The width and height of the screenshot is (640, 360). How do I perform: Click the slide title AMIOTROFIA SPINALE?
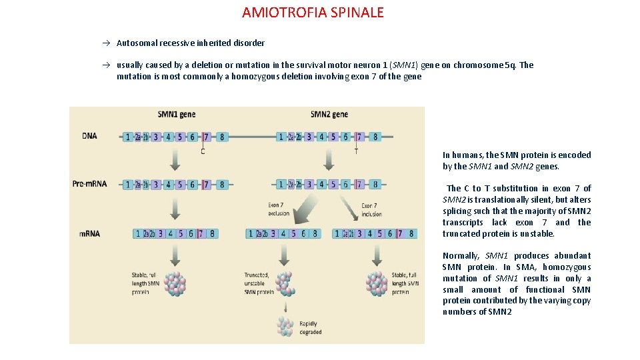click(x=313, y=13)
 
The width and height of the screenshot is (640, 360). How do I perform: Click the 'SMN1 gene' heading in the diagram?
click(x=177, y=114)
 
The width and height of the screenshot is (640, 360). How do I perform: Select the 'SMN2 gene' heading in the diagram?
click(x=329, y=114)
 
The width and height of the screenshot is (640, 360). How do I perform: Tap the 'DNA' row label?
click(x=89, y=136)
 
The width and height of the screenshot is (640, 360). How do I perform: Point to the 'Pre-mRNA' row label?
click(x=89, y=184)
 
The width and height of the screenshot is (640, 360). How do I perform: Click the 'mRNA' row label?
click(x=89, y=233)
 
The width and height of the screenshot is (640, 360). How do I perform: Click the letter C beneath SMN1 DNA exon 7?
click(x=203, y=151)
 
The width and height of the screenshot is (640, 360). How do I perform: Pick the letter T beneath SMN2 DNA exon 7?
click(x=356, y=151)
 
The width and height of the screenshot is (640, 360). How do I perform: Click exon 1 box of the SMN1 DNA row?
click(x=128, y=137)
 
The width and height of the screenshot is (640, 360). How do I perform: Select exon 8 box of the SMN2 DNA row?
click(x=375, y=137)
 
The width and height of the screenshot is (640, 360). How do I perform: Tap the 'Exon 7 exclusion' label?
click(x=279, y=209)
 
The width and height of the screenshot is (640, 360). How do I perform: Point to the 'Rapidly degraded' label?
click(x=310, y=328)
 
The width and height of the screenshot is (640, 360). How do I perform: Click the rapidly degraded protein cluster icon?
click(x=285, y=326)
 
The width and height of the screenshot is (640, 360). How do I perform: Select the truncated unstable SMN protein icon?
click(x=285, y=283)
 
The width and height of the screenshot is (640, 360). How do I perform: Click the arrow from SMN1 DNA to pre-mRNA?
click(x=175, y=160)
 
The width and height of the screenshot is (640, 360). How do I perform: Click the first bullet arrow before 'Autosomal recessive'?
click(x=106, y=43)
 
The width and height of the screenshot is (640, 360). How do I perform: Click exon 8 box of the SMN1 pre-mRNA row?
click(x=222, y=185)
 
